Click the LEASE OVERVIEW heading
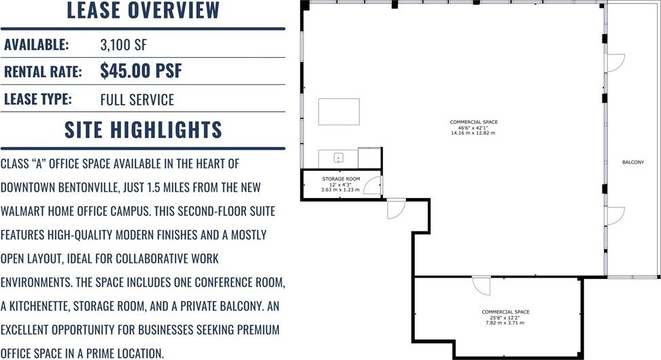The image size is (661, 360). tap(143, 10)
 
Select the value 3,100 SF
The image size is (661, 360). tap(124, 45)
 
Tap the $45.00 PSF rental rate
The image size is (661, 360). tap(141, 71)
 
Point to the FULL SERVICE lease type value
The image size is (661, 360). tap(137, 99)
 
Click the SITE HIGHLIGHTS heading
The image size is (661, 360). tap(143, 129)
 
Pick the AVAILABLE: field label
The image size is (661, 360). tap(36, 45)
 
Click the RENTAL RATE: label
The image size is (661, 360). tap(43, 71)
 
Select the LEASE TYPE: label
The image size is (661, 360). tap(38, 99)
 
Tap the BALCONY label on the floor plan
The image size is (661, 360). tap(633, 162)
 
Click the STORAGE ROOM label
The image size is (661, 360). tap(341, 179)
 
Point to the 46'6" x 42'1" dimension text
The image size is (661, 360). tap(473, 127)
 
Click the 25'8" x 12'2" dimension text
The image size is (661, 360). tap(505, 318)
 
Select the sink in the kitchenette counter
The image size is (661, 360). tap(339, 159)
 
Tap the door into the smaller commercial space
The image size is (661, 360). tap(481, 286)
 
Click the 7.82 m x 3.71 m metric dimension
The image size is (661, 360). tap(505, 323)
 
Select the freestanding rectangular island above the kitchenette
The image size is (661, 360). tap(339, 112)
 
